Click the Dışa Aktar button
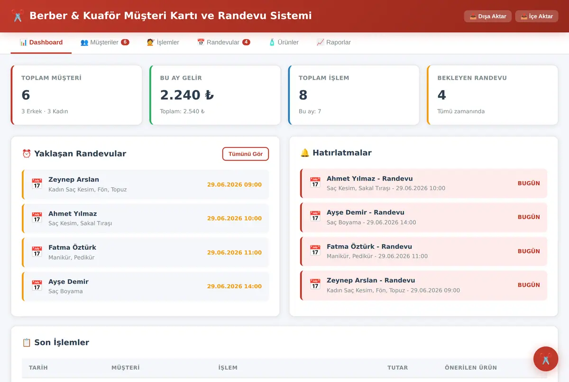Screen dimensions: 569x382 [488, 16]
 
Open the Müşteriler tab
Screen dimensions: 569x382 [105, 42]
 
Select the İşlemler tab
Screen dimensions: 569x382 [163, 42]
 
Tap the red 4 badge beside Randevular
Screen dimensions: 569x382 [246, 42]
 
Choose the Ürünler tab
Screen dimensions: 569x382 [284, 42]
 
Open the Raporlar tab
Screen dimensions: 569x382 [333, 42]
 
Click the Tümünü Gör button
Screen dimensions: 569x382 [246, 154]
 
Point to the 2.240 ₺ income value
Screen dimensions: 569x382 [187, 95]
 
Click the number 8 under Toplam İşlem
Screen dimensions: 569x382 [303, 95]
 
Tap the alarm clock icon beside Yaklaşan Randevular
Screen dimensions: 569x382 [27, 154]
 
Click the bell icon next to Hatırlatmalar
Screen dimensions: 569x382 [304, 153]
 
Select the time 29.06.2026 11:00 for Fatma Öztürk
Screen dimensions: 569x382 [234, 253]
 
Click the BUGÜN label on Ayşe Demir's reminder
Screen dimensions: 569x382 [529, 217]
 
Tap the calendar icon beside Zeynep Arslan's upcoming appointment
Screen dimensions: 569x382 [37, 183]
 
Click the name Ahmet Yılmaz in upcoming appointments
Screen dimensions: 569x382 [73, 214]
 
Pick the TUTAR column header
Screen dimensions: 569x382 [397, 367]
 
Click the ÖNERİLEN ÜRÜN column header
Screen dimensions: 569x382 [471, 367]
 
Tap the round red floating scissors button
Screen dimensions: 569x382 [546, 359]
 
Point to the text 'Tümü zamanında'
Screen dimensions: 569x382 [461, 111]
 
